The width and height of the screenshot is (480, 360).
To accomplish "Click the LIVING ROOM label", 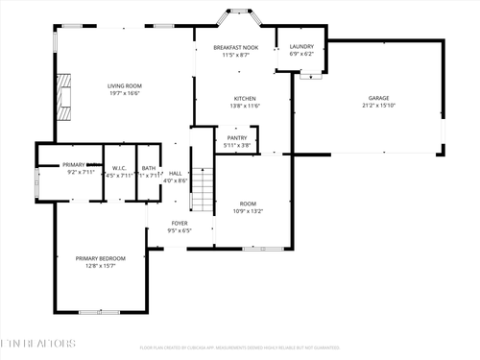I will [x=125, y=86].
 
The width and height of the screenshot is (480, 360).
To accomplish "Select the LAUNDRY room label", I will [x=301, y=46].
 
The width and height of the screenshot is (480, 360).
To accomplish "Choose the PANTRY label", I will [x=237, y=138].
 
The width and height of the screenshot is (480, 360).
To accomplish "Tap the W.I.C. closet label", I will [x=120, y=167].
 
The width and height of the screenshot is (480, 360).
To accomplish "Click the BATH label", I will [x=149, y=167].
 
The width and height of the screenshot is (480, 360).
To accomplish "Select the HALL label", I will [x=176, y=174].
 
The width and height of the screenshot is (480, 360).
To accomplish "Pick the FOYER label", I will [x=180, y=224].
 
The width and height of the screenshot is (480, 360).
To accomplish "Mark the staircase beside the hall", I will [x=201, y=190].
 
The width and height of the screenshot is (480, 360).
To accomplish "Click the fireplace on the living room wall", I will [x=63, y=96].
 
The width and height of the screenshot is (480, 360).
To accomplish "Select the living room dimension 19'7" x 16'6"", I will [x=125, y=94].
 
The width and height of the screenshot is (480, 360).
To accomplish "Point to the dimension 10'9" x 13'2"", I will [x=248, y=211].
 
